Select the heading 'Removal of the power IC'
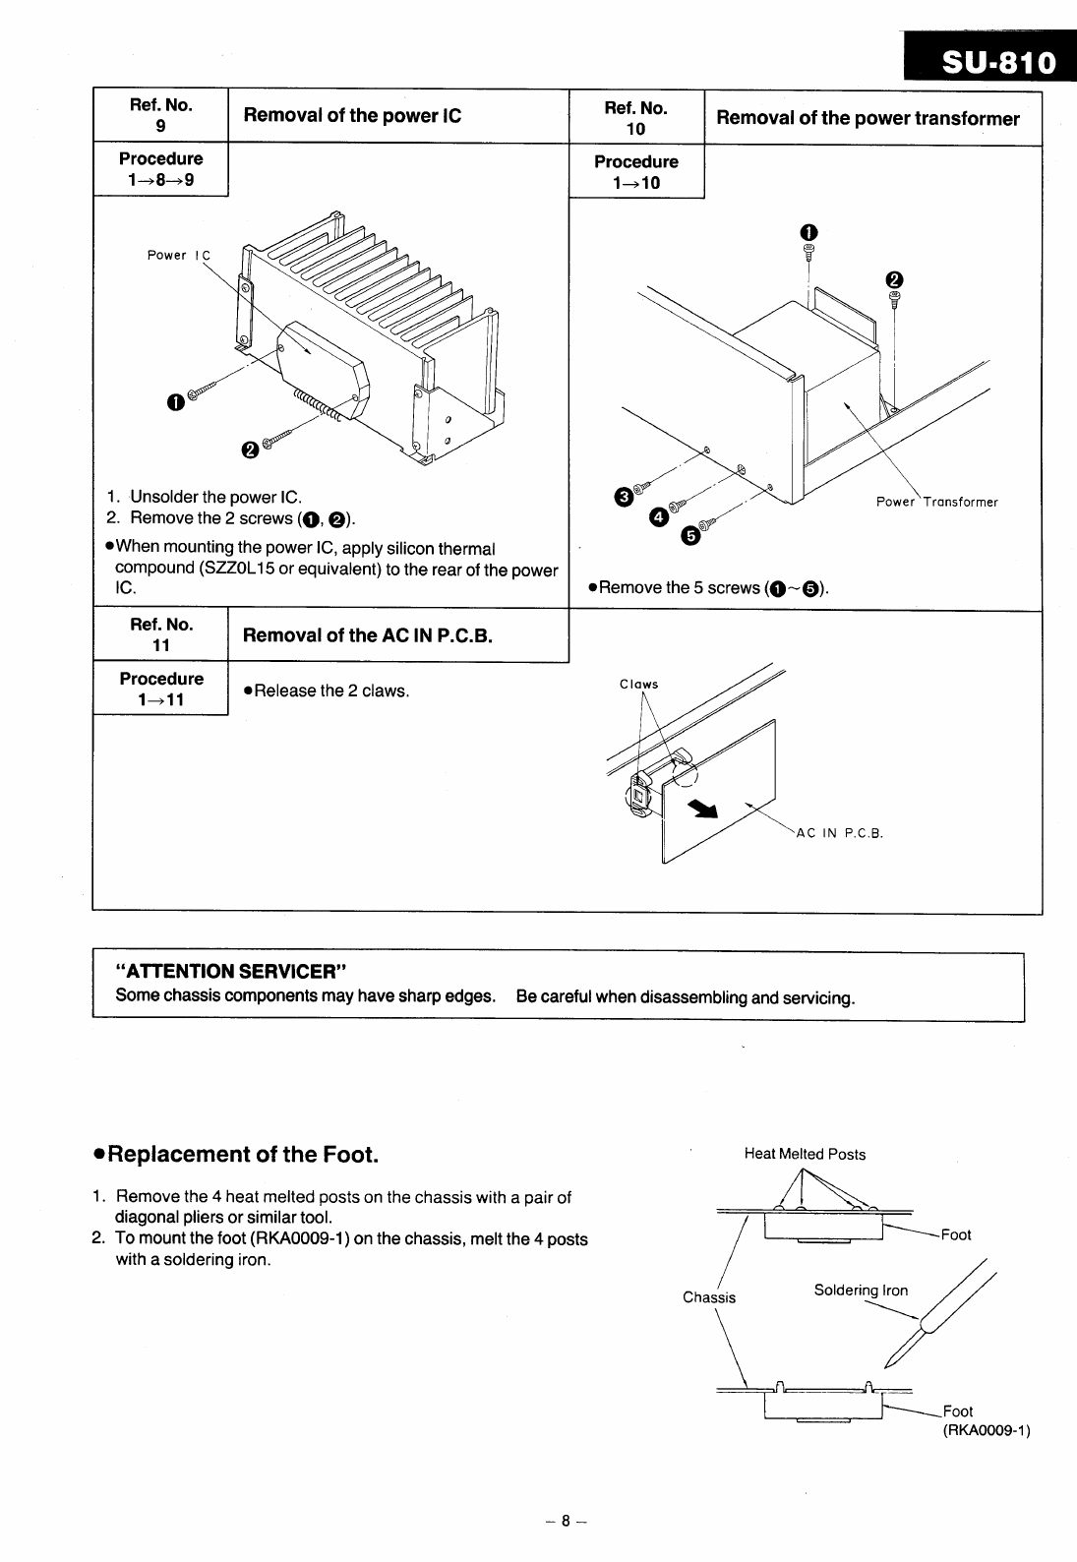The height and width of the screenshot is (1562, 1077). tap(351, 115)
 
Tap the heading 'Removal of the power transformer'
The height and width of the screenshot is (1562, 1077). tap(868, 118)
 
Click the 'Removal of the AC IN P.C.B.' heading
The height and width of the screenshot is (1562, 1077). tap(367, 634)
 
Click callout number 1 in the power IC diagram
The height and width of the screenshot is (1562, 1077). tap(175, 401)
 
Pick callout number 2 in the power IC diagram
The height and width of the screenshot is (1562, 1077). tap(250, 450)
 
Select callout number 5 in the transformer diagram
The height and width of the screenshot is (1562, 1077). tap(690, 536)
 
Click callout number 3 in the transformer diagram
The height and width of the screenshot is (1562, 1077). tap(624, 495)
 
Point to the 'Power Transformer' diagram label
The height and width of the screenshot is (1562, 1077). tap(936, 502)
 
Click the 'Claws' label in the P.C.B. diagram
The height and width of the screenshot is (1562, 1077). tap(638, 685)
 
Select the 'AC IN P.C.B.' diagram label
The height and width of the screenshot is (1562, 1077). tap(839, 834)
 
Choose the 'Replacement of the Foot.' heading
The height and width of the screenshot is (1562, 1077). tap(233, 1154)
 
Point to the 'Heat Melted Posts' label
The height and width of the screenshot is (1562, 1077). tap(805, 1154)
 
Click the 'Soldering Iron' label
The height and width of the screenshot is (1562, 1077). tap(861, 1291)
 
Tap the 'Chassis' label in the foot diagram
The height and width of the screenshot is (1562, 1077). tap(709, 1297)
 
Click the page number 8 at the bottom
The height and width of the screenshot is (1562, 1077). tap(566, 1520)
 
